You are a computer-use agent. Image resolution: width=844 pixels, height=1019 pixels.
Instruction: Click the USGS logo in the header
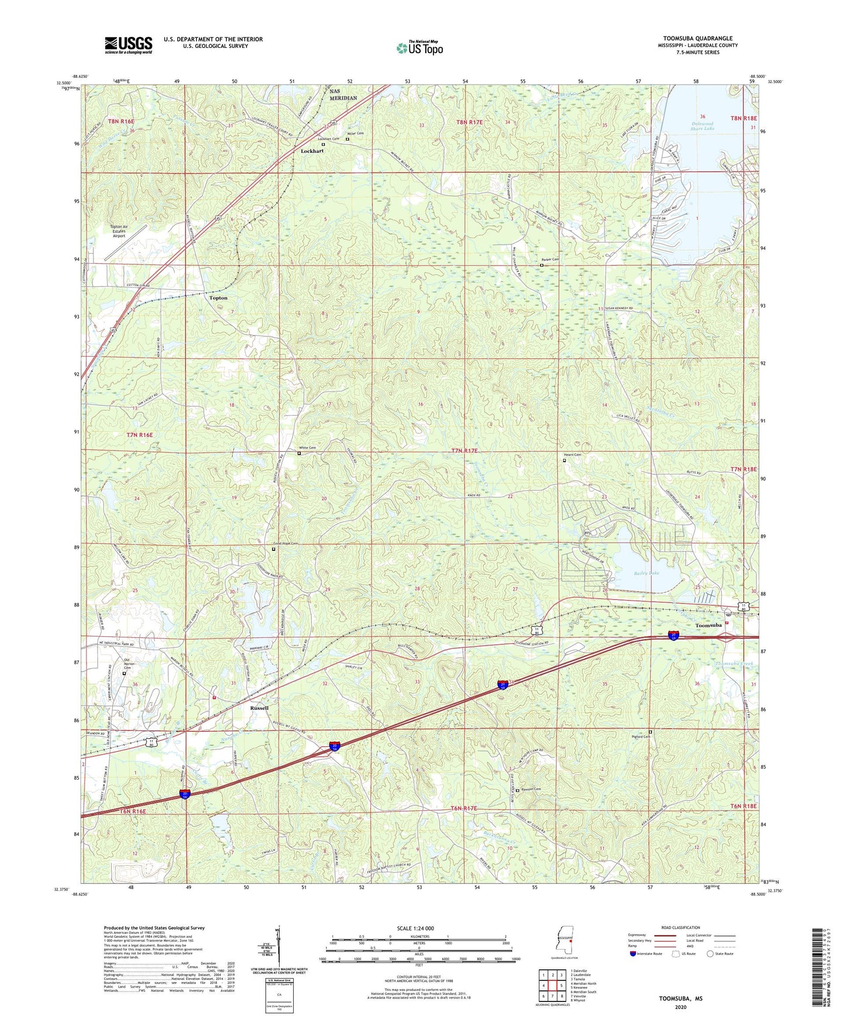click(x=128, y=45)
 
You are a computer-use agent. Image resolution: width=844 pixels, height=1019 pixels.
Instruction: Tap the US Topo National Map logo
click(x=419, y=48)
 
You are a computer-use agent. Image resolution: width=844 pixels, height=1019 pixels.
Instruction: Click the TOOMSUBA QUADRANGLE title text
click(x=697, y=39)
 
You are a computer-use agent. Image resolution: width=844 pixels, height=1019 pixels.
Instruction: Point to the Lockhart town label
click(x=312, y=151)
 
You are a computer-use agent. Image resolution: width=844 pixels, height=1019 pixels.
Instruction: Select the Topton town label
click(x=218, y=298)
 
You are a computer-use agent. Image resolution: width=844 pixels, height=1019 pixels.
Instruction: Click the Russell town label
click(x=259, y=708)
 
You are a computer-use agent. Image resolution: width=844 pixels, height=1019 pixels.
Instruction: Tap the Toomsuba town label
click(x=708, y=626)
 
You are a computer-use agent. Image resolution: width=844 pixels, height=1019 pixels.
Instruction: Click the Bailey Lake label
click(x=647, y=573)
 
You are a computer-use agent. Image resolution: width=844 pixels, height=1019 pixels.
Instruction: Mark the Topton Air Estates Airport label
click(x=119, y=232)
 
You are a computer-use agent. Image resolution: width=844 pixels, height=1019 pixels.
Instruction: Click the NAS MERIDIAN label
click(x=343, y=95)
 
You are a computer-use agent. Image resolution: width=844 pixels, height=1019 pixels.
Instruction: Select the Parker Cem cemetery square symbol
click(x=541, y=266)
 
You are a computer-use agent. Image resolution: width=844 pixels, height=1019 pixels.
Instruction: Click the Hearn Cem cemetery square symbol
click(x=564, y=460)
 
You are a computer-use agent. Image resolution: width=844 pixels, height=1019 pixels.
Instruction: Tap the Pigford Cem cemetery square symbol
click(x=650, y=732)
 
